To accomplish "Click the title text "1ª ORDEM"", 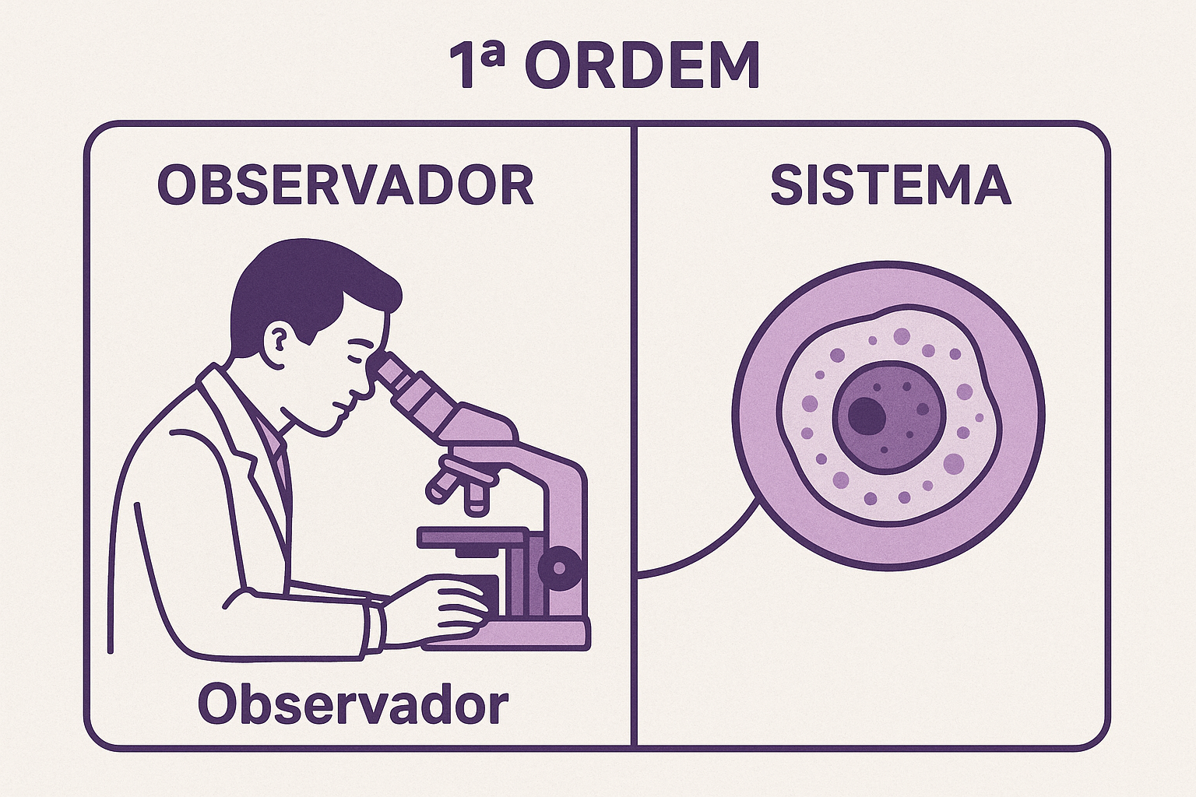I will click(604, 65).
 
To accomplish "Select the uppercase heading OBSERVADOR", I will click(346, 185).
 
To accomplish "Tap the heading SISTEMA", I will click(890, 185).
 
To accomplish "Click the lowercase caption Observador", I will click(353, 705).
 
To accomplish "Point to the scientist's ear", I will click(279, 339).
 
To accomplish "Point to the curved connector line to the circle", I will click(701, 556).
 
